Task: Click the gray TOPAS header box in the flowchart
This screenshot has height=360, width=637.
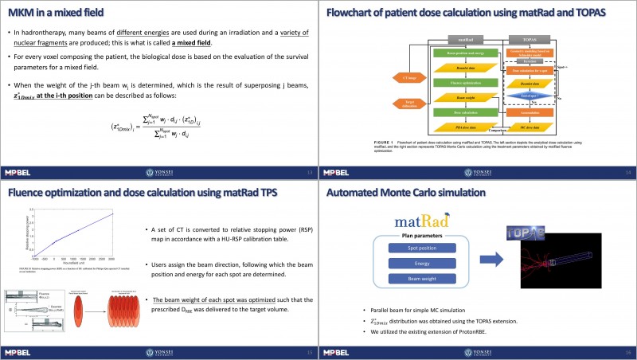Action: pos(526,37)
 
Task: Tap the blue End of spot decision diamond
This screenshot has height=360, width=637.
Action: pos(526,96)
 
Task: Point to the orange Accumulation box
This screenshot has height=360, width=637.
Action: pos(526,112)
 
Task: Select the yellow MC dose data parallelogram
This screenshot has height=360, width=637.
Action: pos(526,127)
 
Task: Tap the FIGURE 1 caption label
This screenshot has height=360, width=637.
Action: pos(386,141)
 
